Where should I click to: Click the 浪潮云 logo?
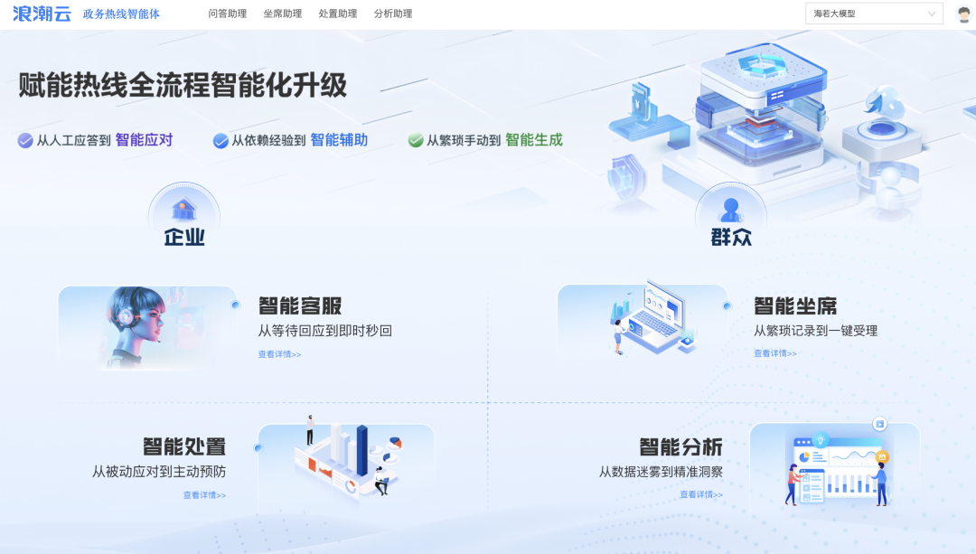pyautogui.click(x=42, y=14)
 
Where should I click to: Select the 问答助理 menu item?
pyautogui.click(x=227, y=14)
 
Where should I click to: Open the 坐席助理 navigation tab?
pyautogui.click(x=283, y=14)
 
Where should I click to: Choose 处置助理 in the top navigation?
pyautogui.click(x=338, y=14)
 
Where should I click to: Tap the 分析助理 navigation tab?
pyautogui.click(x=393, y=14)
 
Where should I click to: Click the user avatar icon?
pyautogui.click(x=963, y=14)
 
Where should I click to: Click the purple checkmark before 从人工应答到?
pyautogui.click(x=25, y=140)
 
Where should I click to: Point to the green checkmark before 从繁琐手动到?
pyautogui.click(x=416, y=140)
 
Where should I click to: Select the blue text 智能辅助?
pyautogui.click(x=339, y=140)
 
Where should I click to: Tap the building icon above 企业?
pyautogui.click(x=184, y=210)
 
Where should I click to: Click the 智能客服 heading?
pyautogui.click(x=300, y=305)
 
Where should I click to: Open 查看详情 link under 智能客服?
pyautogui.click(x=279, y=354)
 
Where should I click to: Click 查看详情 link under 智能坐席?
pyautogui.click(x=775, y=353)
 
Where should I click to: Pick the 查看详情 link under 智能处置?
pyautogui.click(x=204, y=495)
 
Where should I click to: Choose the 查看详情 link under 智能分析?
pyautogui.click(x=701, y=494)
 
